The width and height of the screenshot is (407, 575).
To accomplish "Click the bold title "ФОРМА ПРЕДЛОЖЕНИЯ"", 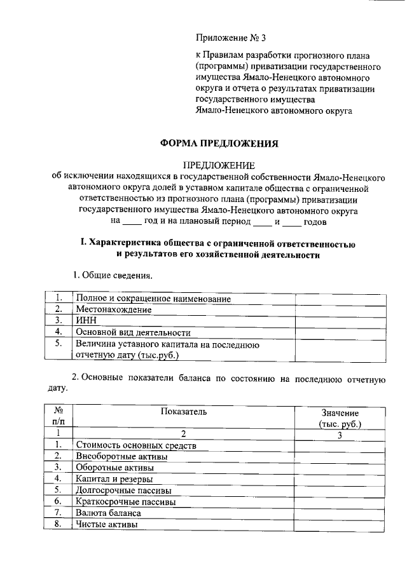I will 219,144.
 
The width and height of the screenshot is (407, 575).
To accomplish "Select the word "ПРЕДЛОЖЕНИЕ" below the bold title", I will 219,165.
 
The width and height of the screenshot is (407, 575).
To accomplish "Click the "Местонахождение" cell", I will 113,309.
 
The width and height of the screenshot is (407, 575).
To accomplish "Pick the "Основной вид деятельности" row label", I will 133,332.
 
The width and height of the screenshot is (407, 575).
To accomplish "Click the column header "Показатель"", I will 183,412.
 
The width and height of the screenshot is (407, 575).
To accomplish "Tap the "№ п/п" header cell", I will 58,417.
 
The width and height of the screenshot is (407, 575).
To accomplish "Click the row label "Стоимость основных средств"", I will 136,445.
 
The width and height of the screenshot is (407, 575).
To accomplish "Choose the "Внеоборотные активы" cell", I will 121,456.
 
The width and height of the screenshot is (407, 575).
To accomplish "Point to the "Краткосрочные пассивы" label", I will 125,501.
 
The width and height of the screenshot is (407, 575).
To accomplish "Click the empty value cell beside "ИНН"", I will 340,320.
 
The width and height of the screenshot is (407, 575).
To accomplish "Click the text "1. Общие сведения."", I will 112,276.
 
